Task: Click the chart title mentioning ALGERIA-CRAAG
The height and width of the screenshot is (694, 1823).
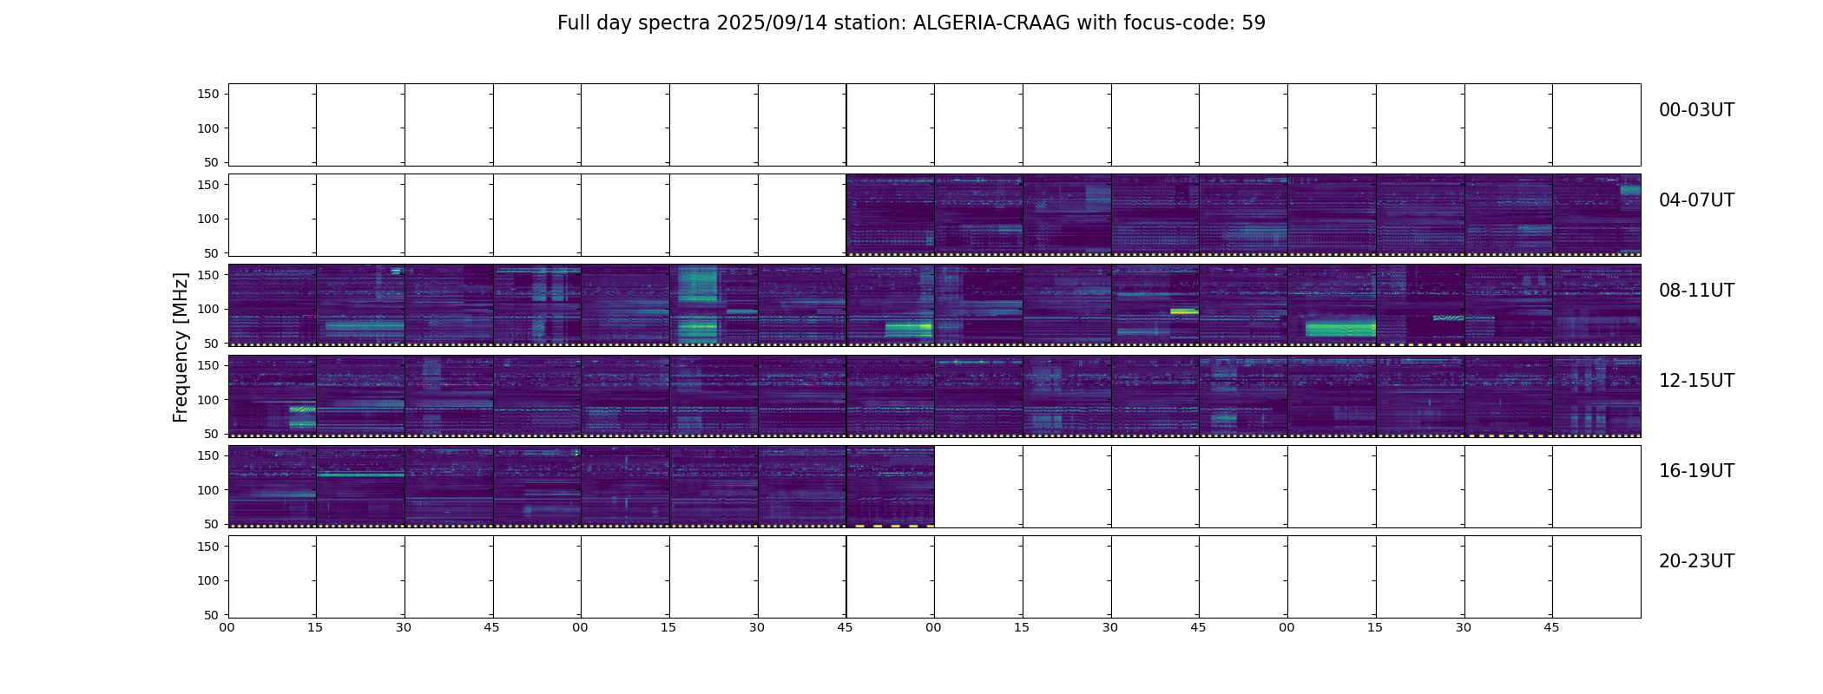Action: point(911,23)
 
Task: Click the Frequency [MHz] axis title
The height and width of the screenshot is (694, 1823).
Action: point(181,347)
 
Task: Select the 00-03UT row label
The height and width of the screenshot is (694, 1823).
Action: point(1696,110)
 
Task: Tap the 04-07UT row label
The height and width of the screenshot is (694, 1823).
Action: point(1696,200)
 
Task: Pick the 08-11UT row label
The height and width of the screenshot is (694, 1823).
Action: point(1696,291)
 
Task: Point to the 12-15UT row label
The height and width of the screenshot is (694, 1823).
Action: point(1696,381)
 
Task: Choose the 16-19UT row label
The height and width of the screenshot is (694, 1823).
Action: point(1696,471)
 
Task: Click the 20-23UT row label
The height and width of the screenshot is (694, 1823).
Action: point(1696,561)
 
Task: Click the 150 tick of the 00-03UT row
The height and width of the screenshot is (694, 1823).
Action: point(208,94)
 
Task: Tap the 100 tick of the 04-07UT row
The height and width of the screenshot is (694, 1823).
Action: point(208,219)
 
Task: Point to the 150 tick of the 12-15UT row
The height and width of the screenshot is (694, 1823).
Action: point(208,365)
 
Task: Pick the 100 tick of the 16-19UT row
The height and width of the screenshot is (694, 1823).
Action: point(208,490)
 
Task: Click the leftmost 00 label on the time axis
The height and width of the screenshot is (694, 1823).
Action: point(227,627)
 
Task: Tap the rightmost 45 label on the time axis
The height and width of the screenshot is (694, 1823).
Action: point(1552,627)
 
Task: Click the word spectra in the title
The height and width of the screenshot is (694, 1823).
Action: point(674,24)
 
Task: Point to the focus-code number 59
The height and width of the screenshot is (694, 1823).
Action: point(1254,23)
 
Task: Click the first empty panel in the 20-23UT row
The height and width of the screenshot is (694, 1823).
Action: point(273,577)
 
